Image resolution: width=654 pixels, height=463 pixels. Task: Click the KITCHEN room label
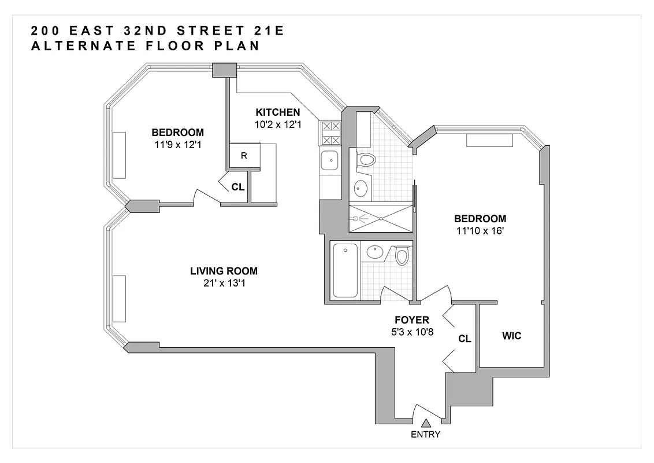[278, 112]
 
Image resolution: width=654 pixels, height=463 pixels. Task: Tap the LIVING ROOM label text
[224, 271]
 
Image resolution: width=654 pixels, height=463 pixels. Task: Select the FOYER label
[411, 319]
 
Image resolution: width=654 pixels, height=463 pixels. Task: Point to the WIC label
[512, 336]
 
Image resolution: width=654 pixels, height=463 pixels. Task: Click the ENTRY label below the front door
[425, 435]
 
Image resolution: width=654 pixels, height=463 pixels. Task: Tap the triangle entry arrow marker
[426, 424]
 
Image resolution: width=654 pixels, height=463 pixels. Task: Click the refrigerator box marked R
[244, 156]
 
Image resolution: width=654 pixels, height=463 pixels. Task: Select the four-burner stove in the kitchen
[330, 133]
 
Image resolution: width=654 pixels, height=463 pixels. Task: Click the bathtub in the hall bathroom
[345, 270]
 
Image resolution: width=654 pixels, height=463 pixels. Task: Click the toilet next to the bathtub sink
[402, 255]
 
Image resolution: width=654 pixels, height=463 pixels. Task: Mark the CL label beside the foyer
[465, 339]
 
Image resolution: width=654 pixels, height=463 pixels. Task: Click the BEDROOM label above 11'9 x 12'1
[177, 132]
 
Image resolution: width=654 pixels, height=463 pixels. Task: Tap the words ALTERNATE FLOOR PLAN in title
[145, 46]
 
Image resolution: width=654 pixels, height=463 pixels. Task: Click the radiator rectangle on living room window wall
[119, 299]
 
